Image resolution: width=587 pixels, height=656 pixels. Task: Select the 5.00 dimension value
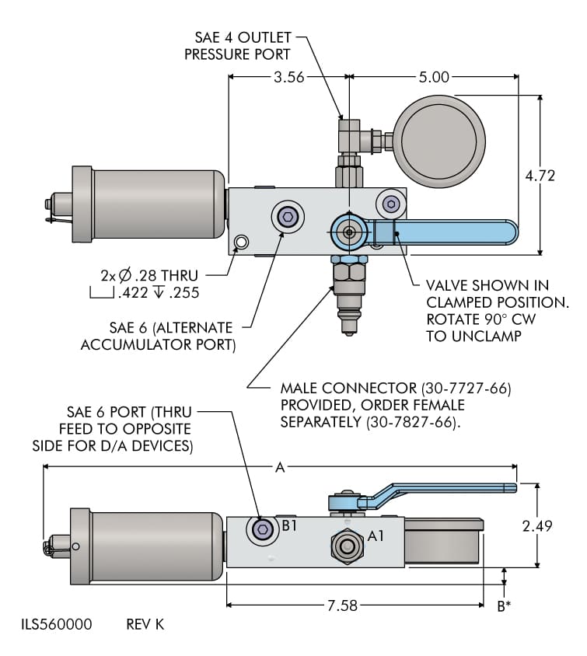click(434, 77)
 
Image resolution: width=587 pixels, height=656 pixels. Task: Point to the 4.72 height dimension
click(540, 176)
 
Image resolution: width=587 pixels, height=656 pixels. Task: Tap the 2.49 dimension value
click(536, 526)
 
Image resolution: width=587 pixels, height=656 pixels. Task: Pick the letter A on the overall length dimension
click(281, 467)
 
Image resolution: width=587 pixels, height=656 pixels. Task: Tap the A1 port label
click(376, 536)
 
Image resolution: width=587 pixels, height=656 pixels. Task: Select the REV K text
click(145, 624)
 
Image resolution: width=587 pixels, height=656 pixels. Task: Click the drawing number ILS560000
click(57, 624)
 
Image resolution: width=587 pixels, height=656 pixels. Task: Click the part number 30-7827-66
click(414, 423)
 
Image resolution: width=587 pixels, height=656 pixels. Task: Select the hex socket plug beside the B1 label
click(263, 530)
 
